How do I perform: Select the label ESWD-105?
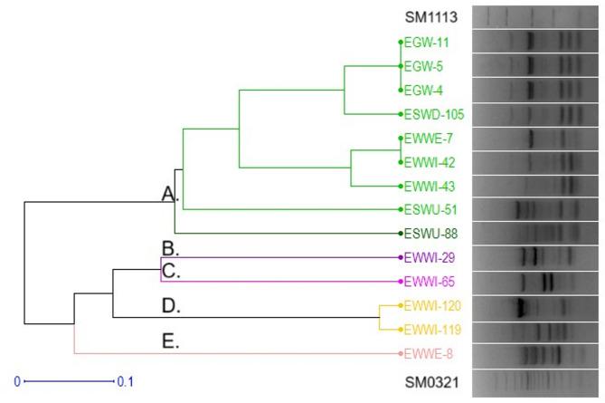434,115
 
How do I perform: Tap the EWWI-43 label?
430,187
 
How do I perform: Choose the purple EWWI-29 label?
430,257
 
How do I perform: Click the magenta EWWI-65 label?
430,282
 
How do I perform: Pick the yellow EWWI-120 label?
433,306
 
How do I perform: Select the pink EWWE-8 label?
430,352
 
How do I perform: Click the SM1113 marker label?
431,17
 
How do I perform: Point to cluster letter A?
169,194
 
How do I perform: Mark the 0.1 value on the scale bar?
125,382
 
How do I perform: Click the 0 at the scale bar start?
16,382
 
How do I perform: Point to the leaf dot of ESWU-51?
400,210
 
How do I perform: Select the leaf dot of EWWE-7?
400,139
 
